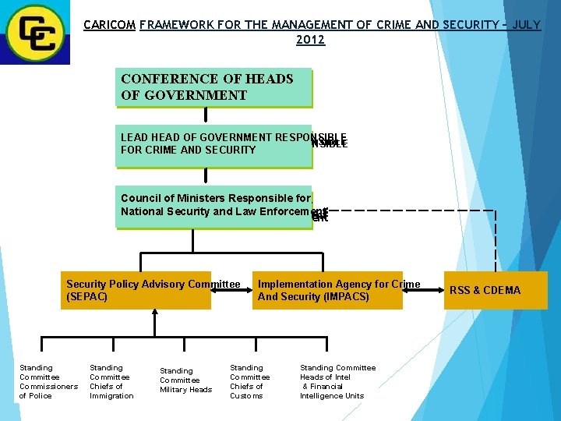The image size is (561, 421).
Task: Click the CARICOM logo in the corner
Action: point(34,32)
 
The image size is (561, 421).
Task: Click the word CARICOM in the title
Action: point(109,25)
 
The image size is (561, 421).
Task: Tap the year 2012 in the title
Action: point(310,40)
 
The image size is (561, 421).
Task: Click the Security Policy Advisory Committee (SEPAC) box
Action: point(136,290)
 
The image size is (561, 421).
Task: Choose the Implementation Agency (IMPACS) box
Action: point(327,290)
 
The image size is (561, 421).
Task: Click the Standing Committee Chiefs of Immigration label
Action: point(111,381)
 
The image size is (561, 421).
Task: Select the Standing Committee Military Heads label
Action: point(185,380)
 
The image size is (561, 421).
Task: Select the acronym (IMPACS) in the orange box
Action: point(347,297)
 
